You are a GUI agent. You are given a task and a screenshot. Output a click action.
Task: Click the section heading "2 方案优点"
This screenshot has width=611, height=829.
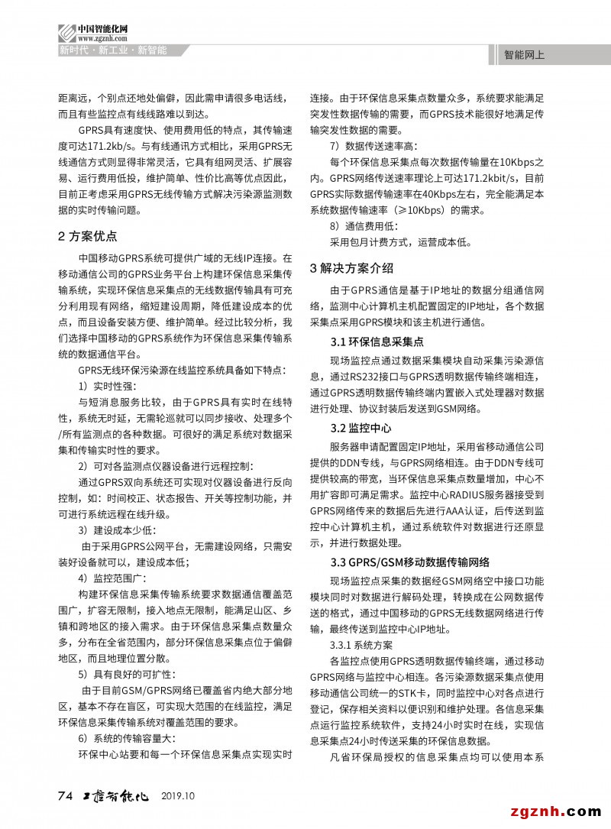click(88, 235)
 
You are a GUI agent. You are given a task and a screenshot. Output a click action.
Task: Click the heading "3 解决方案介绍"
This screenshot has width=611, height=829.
click(351, 267)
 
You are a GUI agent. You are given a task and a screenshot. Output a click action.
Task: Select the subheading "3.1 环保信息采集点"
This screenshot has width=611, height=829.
click(377, 342)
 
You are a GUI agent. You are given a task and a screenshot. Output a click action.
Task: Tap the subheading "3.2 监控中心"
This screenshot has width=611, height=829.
click(360, 427)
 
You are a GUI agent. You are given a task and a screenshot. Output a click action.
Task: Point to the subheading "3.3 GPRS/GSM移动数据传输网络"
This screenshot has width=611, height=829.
click(410, 562)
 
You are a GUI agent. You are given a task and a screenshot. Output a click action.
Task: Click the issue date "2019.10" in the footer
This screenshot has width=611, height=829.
click(179, 796)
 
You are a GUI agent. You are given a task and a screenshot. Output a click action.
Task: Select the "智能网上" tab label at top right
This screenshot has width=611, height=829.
click(525, 55)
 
